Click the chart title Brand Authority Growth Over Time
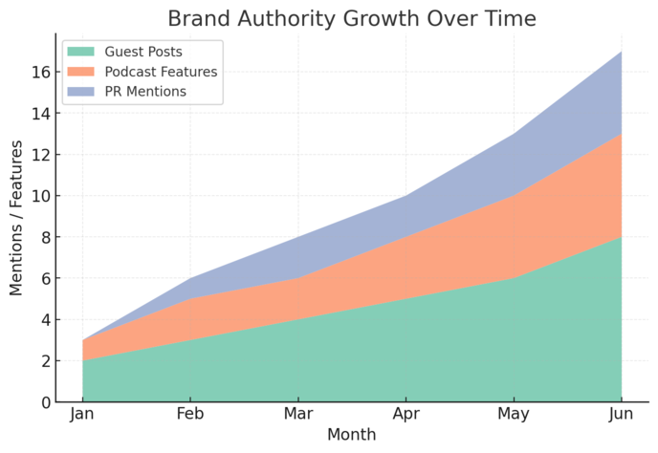point(352,18)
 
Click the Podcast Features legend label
point(162,72)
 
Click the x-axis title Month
point(352,435)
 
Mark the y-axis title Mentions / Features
point(16,218)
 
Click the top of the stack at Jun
point(622,52)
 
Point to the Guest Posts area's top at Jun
point(622,237)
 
